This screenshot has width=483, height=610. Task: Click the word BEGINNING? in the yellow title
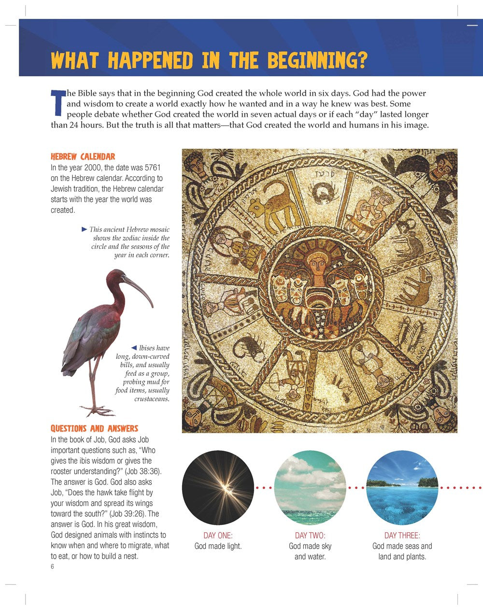[x=317, y=60]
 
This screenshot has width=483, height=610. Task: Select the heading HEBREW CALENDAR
[x=83, y=156]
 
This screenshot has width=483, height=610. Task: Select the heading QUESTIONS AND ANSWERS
[x=94, y=428]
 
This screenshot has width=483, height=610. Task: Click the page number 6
[x=52, y=567]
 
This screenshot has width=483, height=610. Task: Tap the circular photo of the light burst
[x=218, y=487]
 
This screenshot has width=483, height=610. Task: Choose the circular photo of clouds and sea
[x=310, y=487]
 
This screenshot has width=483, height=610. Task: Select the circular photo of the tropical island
[x=402, y=487]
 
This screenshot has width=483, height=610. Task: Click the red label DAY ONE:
[x=218, y=535]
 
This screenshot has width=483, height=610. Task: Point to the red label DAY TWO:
[x=310, y=535]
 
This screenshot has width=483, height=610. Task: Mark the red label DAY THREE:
[x=402, y=535]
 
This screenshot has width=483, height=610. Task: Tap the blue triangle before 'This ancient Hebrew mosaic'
[x=85, y=229]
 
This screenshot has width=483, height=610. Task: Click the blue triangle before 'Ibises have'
[x=134, y=347]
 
